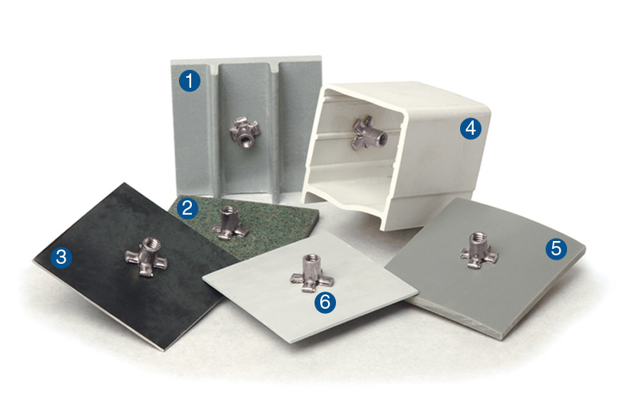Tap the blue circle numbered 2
pyautogui.click(x=188, y=208)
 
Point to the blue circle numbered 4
pyautogui.click(x=469, y=128)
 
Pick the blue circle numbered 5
pyautogui.click(x=556, y=248)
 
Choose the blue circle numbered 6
pyautogui.click(x=325, y=302)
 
